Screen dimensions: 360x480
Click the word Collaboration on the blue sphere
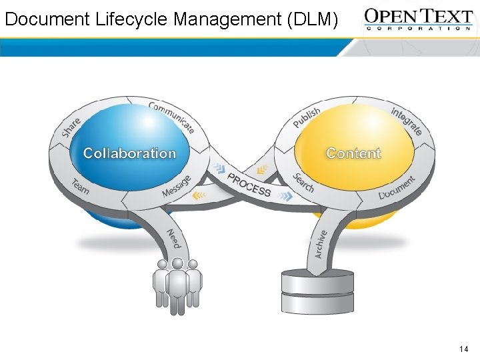point(129,153)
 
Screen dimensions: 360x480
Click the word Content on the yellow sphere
point(353,153)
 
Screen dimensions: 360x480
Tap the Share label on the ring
point(71,127)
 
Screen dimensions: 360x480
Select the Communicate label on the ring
point(171,117)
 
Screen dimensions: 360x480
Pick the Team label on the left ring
point(80,187)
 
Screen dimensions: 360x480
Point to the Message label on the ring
point(177,187)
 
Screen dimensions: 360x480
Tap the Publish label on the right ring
point(307,117)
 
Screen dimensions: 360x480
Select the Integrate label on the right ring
point(406,121)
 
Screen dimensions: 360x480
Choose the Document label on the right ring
point(397,188)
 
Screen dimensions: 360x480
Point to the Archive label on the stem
point(320,244)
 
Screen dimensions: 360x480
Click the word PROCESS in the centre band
point(249,185)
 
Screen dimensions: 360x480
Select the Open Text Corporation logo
point(419,19)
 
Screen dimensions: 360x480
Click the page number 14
point(464,349)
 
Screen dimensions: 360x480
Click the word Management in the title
point(227,19)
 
